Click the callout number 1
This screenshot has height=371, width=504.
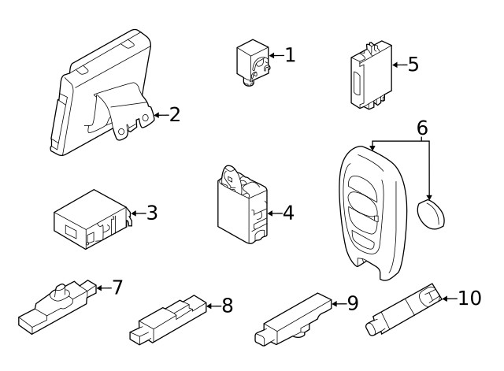point(290,54)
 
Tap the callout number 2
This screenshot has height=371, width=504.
point(175,115)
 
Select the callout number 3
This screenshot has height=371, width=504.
point(152,212)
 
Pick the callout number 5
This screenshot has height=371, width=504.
point(413,64)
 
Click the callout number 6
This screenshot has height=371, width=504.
point(422,128)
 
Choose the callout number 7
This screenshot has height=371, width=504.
point(117,287)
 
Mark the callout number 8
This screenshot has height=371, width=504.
point(227,306)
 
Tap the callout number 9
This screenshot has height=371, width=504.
point(352,302)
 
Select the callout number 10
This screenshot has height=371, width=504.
point(469,298)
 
